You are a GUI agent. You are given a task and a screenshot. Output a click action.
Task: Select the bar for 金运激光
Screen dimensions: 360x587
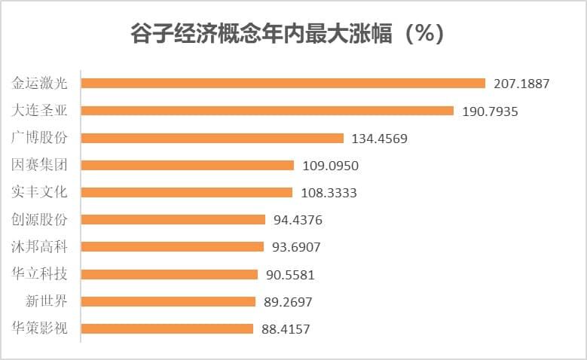tap(283, 84)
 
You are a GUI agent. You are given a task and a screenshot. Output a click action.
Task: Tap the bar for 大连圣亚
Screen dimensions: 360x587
tap(267, 111)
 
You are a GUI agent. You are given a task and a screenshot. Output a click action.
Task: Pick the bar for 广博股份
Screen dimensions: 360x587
tap(212, 138)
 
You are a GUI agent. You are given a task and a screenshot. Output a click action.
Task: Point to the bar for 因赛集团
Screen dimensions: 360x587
tap(187, 165)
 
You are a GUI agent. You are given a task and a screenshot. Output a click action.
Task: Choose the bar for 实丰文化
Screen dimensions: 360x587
tap(186, 192)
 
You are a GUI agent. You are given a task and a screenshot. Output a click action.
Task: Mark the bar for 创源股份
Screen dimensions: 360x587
tap(173, 219)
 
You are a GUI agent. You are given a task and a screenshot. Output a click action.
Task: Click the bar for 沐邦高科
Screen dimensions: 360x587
tap(172, 247)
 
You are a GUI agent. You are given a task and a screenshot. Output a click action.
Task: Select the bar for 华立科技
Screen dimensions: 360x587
tap(169, 274)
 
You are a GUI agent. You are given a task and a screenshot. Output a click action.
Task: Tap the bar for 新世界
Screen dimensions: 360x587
tap(168, 301)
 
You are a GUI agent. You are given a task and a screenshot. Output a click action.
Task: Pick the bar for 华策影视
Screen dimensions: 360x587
tap(167, 328)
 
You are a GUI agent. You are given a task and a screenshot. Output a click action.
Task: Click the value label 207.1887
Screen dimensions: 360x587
tap(521, 84)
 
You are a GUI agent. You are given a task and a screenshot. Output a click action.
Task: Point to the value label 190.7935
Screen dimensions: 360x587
tap(490, 111)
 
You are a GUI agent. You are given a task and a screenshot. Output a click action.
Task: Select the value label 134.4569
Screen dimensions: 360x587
tap(380, 138)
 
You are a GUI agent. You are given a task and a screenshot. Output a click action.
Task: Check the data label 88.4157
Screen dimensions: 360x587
tap(286, 329)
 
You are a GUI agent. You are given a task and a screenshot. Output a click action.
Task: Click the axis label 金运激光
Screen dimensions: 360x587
tap(40, 84)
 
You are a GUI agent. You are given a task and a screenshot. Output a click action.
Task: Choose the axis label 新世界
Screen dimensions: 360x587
tap(46, 301)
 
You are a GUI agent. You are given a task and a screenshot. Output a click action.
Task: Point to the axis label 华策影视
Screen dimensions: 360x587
tap(40, 328)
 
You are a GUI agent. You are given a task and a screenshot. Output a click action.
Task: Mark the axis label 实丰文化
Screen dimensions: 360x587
tap(40, 192)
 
